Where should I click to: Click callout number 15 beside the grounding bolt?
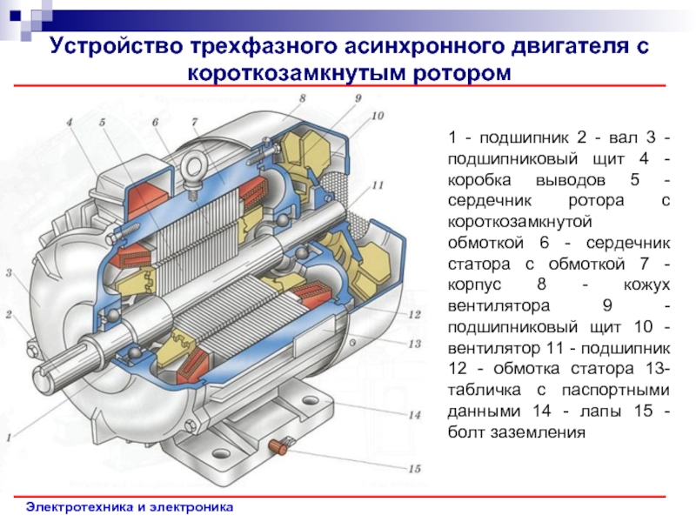tap(414, 469)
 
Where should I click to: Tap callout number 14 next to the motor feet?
tap(414, 416)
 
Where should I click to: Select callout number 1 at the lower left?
tap(9, 438)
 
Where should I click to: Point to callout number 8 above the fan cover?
tap(302, 98)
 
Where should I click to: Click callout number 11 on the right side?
tap(378, 185)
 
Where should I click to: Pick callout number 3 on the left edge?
tap(9, 272)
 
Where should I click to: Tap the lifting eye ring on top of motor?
tap(194, 168)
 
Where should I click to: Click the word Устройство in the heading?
tap(117, 47)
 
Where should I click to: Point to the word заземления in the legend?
tap(517, 432)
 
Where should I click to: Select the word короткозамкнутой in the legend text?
tap(519, 222)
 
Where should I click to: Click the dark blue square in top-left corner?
tap(15, 17)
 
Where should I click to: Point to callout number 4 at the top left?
tap(70, 122)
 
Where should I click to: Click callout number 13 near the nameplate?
tap(414, 344)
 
